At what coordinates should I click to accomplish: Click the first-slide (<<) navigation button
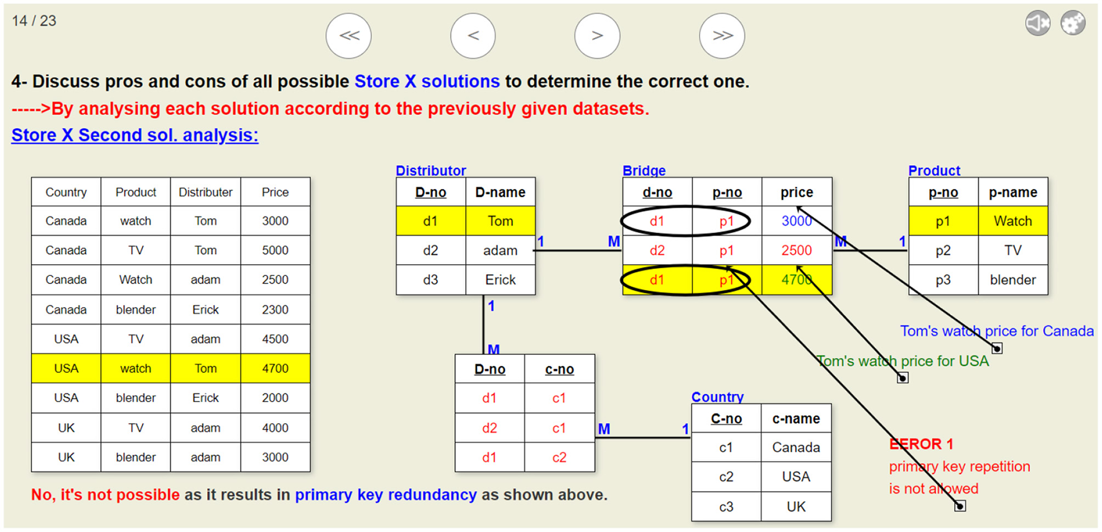tap(348, 36)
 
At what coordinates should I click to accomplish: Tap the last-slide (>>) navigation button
tap(721, 36)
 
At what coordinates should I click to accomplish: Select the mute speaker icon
tap(1037, 24)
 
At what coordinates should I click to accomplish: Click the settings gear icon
tap(1073, 24)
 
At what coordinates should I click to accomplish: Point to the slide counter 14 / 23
tap(34, 21)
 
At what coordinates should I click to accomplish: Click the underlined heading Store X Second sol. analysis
tap(134, 135)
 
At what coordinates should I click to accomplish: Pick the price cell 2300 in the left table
tap(275, 310)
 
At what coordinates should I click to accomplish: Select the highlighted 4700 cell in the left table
tap(275, 369)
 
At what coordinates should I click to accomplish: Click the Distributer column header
tap(205, 193)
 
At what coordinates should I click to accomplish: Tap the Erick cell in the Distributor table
tap(500, 280)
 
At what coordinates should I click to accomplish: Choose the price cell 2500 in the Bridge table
tap(796, 250)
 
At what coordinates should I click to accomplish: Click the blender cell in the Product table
tap(1012, 280)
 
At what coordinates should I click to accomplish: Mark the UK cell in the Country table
tap(795, 507)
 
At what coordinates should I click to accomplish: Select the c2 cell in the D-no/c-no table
tap(559, 458)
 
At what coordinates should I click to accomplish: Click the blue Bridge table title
tap(644, 171)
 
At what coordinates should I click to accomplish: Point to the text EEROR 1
tap(921, 444)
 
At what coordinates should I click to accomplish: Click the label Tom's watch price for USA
tap(902, 361)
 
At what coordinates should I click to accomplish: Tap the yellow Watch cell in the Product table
tap(1012, 221)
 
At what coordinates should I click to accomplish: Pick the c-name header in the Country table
tap(795, 419)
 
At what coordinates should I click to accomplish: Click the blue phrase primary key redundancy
tap(386, 495)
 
